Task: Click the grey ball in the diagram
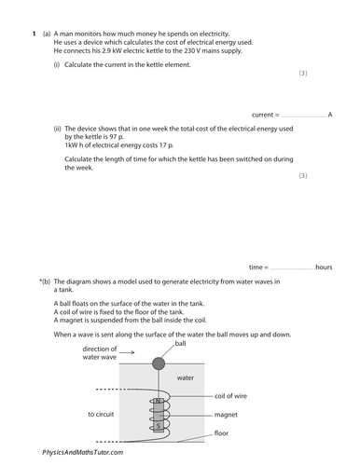[x=159, y=363]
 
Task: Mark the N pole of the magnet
[x=159, y=402]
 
